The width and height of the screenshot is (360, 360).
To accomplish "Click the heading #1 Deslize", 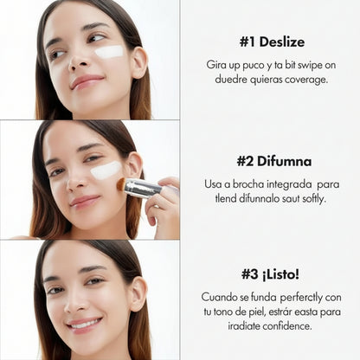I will [x=271, y=42].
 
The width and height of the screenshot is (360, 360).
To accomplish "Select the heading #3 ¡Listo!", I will [x=271, y=273].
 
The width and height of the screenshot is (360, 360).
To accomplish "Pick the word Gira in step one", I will [x=216, y=65].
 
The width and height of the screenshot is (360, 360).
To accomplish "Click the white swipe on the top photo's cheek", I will [x=109, y=52].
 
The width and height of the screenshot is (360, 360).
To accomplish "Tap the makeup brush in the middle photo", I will [x=138, y=187].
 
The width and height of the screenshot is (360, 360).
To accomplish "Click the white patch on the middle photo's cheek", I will [x=106, y=170].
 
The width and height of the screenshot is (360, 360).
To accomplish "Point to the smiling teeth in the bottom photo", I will [x=84, y=324].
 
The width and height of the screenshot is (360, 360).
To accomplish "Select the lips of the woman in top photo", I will [x=86, y=81].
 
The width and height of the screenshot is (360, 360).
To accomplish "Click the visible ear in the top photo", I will [x=138, y=62].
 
